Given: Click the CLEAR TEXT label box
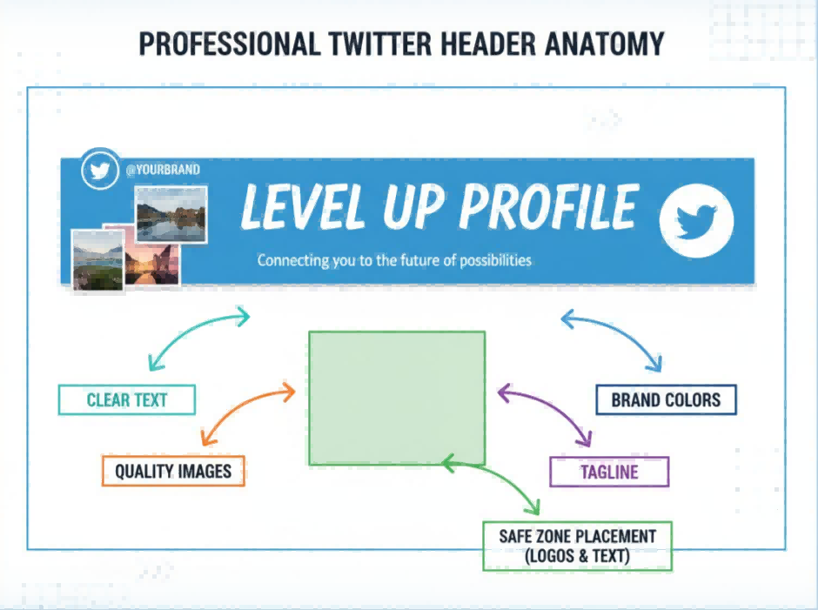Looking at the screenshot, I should (127, 400).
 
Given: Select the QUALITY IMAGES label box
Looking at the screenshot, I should (173, 472).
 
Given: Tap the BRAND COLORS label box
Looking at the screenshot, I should (666, 400).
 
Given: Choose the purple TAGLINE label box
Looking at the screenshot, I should (609, 473).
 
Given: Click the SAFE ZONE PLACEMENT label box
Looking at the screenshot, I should (577, 546).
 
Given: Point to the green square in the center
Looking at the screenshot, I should (397, 398).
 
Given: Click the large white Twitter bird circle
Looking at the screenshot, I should (697, 221).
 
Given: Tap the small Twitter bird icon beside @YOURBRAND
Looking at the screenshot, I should (100, 171).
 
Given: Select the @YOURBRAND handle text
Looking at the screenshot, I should (163, 170).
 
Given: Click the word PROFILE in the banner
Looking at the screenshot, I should (549, 208).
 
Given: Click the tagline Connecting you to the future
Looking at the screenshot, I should (394, 260).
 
